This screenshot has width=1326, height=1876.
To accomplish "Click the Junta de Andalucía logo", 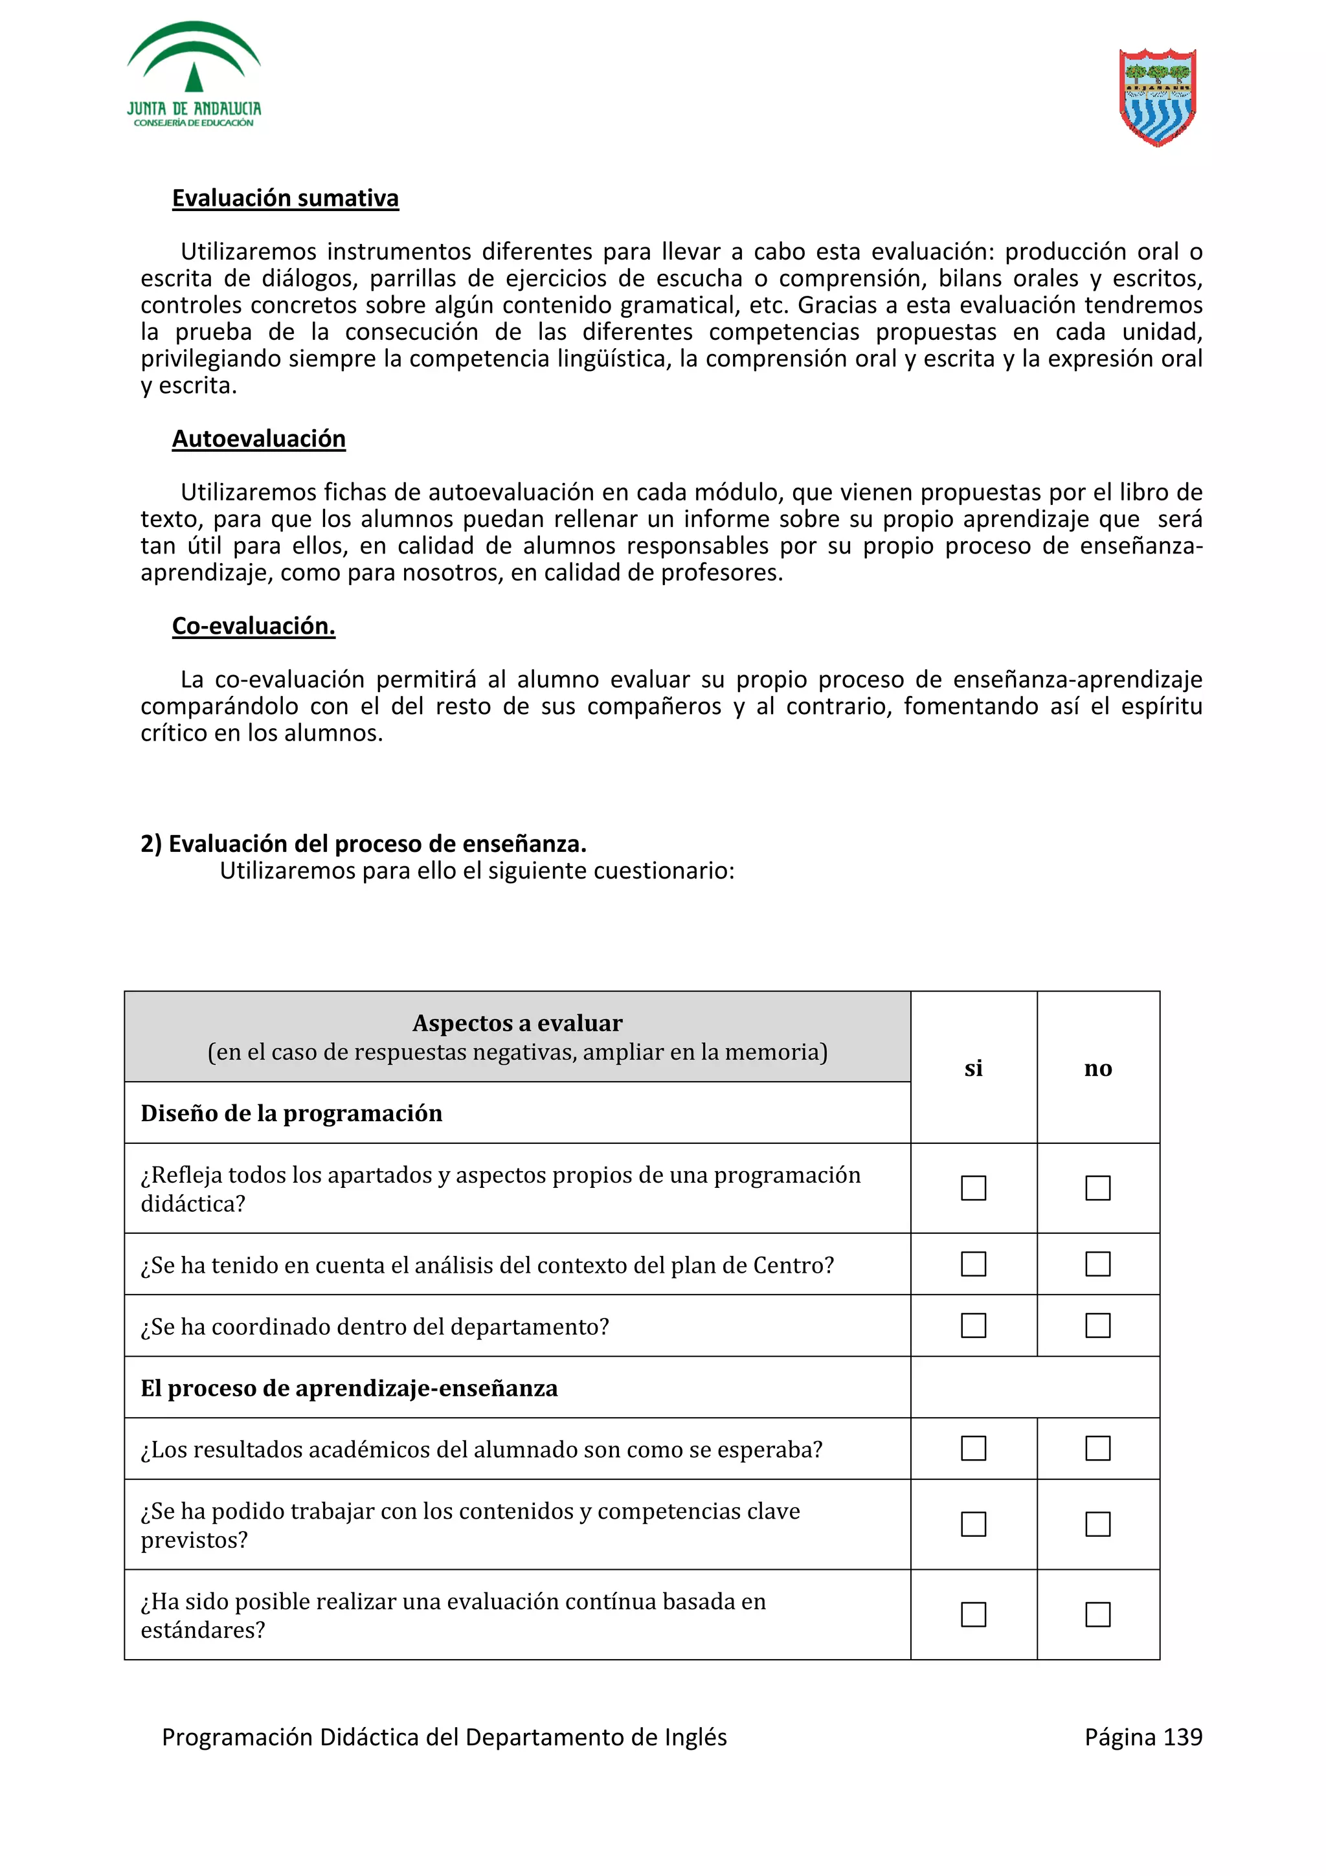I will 194,75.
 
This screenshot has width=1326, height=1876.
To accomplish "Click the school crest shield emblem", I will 1157,96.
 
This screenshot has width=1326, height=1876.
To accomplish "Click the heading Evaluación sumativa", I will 285,199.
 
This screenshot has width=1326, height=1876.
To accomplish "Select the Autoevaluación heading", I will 258,439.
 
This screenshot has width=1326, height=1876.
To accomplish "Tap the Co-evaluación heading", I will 253,626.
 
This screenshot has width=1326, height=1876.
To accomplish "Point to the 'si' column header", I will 973,1068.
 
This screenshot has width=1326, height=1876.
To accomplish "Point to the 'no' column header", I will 1097,1068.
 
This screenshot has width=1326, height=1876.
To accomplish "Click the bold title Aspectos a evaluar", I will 517,1023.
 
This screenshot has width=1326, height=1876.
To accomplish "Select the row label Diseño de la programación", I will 291,1113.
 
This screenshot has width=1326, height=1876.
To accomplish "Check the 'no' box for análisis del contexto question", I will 1097,1264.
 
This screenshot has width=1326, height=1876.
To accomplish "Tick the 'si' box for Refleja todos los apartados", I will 973,1188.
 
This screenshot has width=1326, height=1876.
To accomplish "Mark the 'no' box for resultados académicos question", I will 1097,1449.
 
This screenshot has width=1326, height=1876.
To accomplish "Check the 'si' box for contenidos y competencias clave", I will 973,1524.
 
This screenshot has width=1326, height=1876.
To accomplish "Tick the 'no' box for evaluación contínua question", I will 1097,1614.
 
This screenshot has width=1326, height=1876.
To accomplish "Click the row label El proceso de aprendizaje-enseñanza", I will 349,1388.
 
